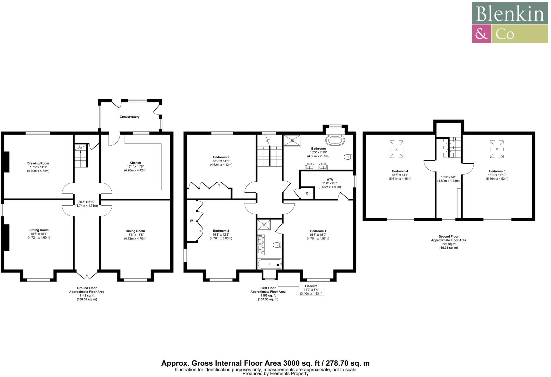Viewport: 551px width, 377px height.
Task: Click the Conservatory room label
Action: tap(129, 117)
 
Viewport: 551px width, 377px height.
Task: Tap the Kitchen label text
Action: tap(135, 163)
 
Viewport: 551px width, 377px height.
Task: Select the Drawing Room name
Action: tap(38, 163)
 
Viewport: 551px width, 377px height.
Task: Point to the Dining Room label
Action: tap(135, 231)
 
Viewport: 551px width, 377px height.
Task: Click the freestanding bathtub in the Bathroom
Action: tap(335, 140)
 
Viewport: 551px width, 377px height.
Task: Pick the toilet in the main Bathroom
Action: tap(349, 157)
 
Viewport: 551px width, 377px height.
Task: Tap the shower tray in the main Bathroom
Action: tap(292, 140)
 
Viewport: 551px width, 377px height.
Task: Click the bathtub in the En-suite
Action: tap(270, 264)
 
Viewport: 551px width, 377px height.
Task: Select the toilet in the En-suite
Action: tap(277, 245)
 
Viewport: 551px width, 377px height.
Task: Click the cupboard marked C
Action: tap(307, 193)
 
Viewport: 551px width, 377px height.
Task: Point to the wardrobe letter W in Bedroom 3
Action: tap(191, 221)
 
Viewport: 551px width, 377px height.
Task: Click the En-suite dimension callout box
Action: tap(311, 290)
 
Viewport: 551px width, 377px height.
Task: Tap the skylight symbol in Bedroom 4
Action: tap(397, 149)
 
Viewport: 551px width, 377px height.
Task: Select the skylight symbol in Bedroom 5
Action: tap(497, 149)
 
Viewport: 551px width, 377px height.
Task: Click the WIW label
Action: tap(330, 179)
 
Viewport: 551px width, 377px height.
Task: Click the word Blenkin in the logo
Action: tap(510, 14)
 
